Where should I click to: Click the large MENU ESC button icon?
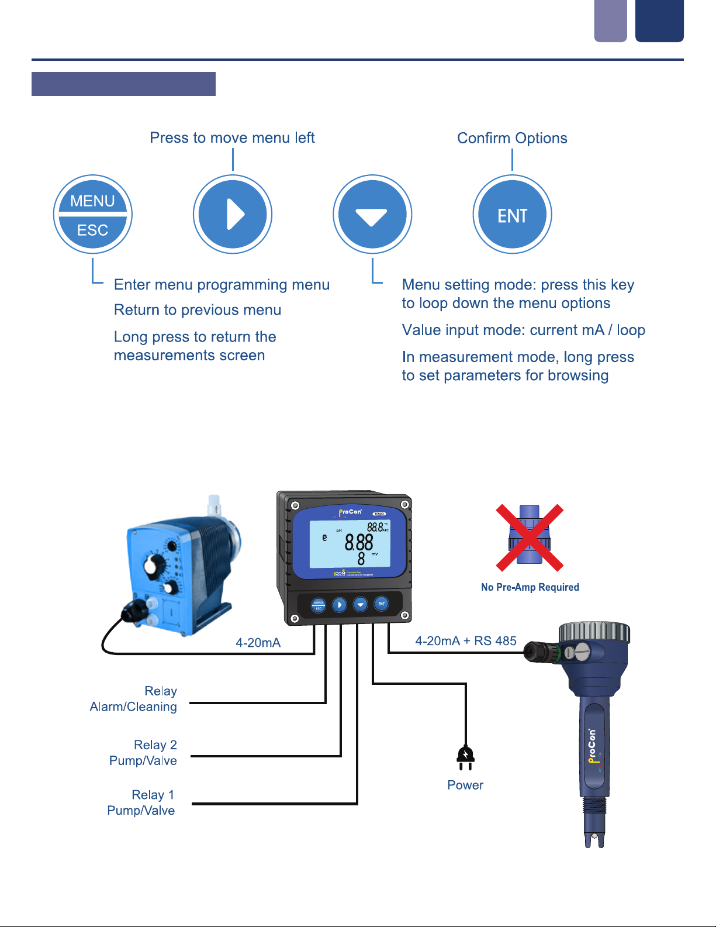(x=92, y=215)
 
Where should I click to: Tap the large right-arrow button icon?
(x=233, y=215)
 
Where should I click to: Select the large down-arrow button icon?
(x=372, y=215)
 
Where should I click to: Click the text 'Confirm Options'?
(x=512, y=139)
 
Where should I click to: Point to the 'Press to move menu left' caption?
(x=232, y=138)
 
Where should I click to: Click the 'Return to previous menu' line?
(x=198, y=310)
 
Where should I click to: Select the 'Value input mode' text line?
(x=523, y=330)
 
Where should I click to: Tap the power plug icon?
(x=465, y=757)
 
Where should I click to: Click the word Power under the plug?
(x=465, y=785)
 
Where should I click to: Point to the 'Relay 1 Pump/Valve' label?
(x=141, y=802)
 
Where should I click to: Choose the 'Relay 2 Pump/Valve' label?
(x=144, y=753)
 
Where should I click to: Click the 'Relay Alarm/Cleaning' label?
(x=134, y=699)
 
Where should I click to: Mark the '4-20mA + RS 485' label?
(x=466, y=641)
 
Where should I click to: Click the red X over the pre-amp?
(x=530, y=537)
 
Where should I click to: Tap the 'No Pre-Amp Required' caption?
(x=530, y=587)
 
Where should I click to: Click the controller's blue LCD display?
(x=350, y=544)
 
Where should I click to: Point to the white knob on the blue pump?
(x=154, y=565)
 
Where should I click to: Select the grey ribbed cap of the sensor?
(x=594, y=632)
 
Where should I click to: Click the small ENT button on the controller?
(x=381, y=604)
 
